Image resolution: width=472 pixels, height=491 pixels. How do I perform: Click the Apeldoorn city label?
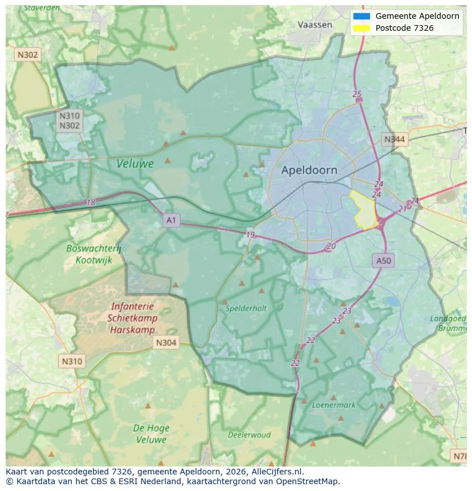[309, 170]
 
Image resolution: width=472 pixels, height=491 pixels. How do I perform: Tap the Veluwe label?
[135, 164]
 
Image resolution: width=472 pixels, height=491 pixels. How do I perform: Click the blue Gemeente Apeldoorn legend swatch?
[361, 16]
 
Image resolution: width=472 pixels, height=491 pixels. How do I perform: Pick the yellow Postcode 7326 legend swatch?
[361, 28]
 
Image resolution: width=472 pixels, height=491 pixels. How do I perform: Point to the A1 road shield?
[171, 220]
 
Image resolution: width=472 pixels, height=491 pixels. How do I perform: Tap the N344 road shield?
[394, 139]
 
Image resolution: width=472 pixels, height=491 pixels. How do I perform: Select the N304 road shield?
[165, 342]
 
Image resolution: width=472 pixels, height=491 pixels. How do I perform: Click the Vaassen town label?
[315, 25]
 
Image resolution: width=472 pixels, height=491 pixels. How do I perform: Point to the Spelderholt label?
[246, 308]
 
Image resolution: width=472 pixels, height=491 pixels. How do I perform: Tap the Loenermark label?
[333, 405]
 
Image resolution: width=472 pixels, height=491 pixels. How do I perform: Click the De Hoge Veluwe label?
[150, 433]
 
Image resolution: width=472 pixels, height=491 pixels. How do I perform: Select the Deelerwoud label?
[249, 435]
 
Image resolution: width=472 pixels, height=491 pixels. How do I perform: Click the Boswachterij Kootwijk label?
[94, 254]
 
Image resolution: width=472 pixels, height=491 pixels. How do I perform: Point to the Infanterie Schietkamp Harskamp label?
[132, 318]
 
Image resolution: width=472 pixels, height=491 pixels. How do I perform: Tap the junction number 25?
[357, 94]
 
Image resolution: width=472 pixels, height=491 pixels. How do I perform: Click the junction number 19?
[250, 235]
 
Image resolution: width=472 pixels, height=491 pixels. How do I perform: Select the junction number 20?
[331, 246]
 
